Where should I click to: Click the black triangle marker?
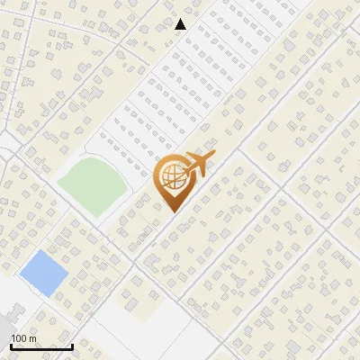(181, 24)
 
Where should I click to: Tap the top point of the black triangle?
(181, 19)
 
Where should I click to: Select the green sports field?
(92, 184)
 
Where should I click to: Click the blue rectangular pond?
(43, 271)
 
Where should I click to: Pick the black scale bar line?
(41, 346)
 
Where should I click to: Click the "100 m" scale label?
(23, 338)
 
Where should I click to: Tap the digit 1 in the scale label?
(13, 338)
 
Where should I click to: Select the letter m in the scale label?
(32, 338)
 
